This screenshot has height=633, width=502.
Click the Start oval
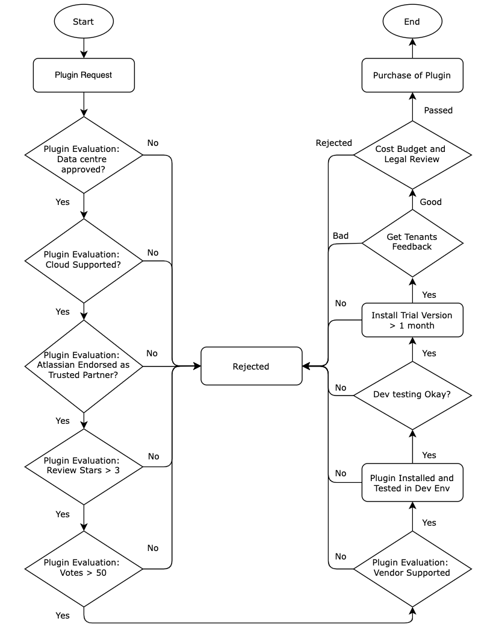pos(84,22)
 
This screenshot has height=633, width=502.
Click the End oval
pos(412,22)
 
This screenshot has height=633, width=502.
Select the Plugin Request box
pos(84,75)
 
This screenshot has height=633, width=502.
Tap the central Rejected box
pos(251,366)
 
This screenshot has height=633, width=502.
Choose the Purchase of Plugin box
pos(412,75)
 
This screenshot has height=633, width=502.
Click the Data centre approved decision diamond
pos(84,155)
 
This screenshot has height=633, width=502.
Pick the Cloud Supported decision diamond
pos(84,260)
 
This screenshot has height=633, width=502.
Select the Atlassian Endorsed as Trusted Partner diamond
pos(84,365)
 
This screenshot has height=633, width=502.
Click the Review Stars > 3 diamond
pos(84,466)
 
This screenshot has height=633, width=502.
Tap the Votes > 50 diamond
pos(84,568)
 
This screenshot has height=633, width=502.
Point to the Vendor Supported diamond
pos(412,568)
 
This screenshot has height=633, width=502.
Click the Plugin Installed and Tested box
pos(412,483)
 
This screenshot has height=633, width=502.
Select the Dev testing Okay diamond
pos(412,395)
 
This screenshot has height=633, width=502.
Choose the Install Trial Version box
pos(412,320)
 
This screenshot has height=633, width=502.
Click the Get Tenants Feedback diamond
pos(412,242)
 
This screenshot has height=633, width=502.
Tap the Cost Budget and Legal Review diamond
pos(412,154)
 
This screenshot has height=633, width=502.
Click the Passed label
pos(438,110)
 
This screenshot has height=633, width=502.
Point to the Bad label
pos(341,236)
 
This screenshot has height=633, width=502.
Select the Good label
pos(431,202)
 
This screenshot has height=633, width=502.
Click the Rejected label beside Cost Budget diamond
pos(333,143)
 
